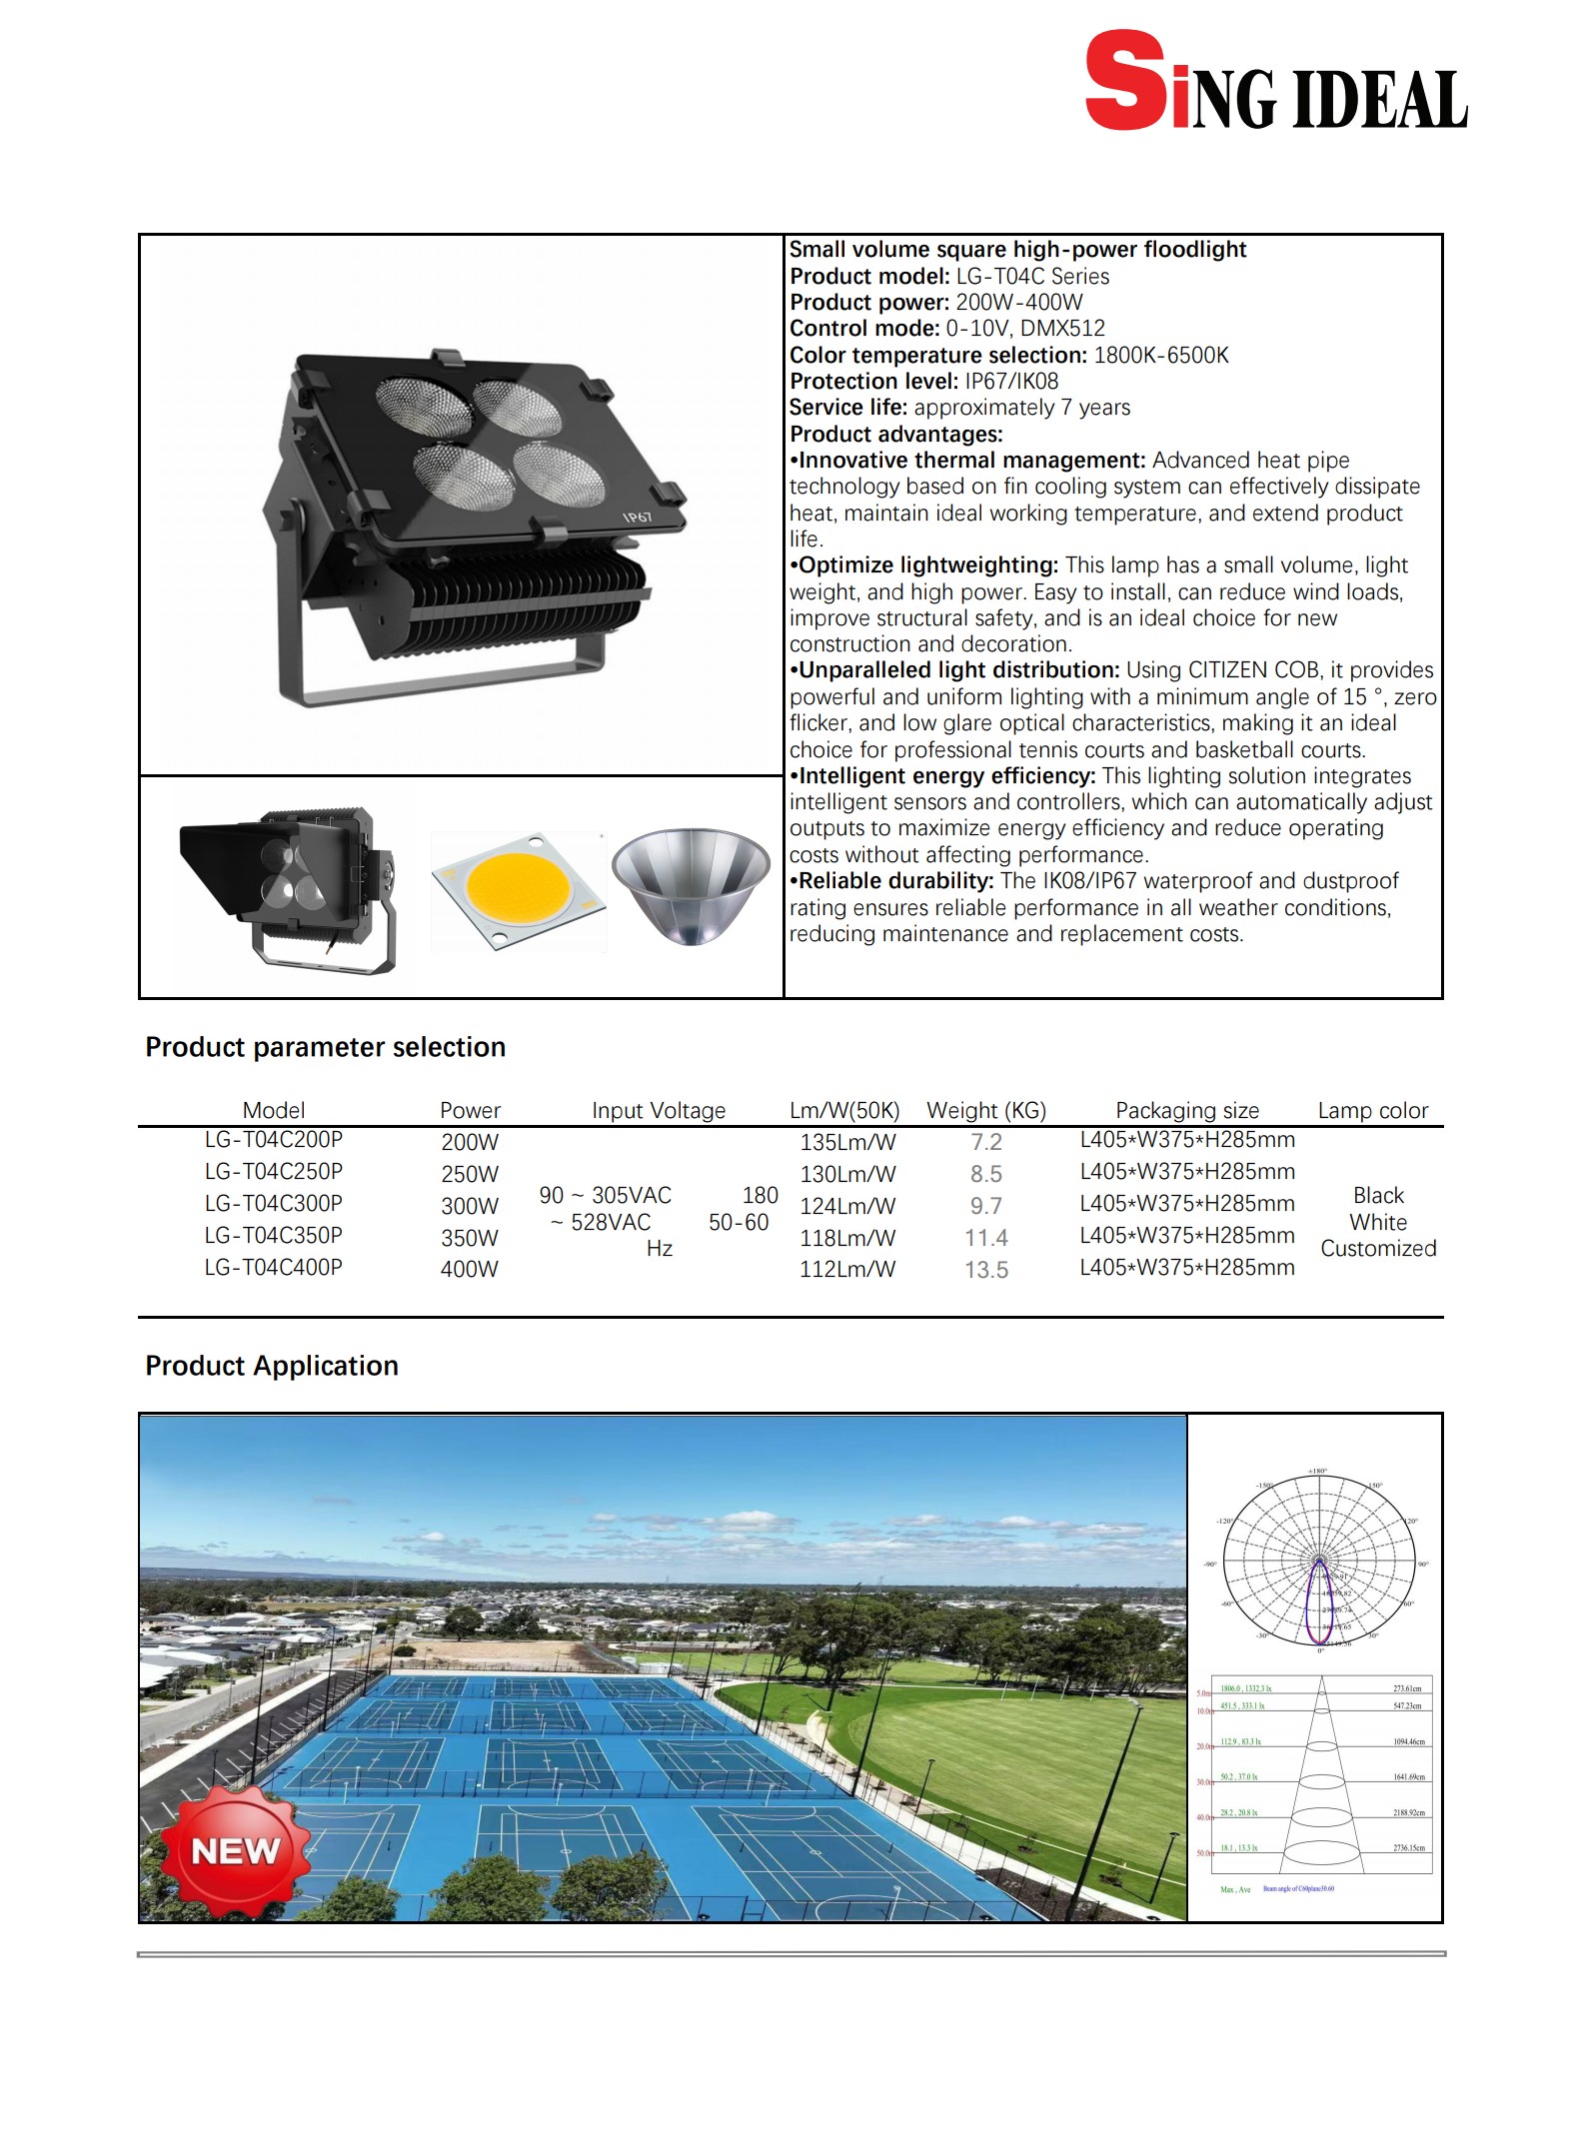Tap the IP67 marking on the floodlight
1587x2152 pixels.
tap(638, 517)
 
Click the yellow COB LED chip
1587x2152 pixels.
tap(518, 887)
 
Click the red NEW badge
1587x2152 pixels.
tap(236, 1851)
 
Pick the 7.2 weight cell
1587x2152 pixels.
tap(985, 1142)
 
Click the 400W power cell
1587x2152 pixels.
tap(469, 1270)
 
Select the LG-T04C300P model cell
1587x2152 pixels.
tap(273, 1204)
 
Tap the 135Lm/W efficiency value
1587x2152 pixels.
tap(847, 1142)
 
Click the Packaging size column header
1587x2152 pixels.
tap(1186, 1110)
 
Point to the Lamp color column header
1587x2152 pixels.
tap(1372, 1110)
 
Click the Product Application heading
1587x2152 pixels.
tap(272, 1366)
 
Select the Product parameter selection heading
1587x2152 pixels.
tap(326, 1047)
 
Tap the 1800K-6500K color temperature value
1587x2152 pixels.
tap(1161, 355)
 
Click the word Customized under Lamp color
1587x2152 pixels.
tap(1378, 1249)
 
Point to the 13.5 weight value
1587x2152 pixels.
tap(985, 1270)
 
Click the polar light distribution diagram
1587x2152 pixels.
tap(1319, 1562)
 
